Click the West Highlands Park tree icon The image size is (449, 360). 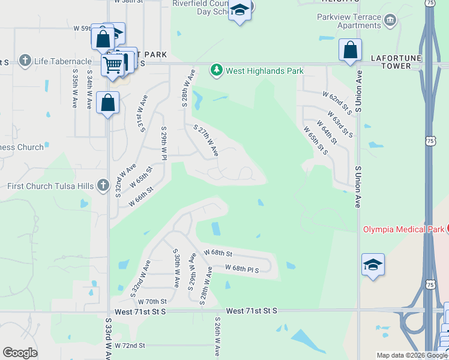pos(217,71)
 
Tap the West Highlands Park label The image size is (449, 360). pos(264,71)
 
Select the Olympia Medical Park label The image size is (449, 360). pos(403,229)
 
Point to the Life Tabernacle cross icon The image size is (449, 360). pos(25,61)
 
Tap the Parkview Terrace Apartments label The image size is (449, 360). pos(349,21)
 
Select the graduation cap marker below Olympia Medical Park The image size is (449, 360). pos(373,265)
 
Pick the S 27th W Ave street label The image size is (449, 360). pos(205,140)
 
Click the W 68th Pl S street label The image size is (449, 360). pos(242,269)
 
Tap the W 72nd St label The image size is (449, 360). pos(130,346)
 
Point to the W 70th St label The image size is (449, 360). pos(151,301)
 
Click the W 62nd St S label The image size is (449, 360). pos(337,103)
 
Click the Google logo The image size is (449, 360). pos(20,353)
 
